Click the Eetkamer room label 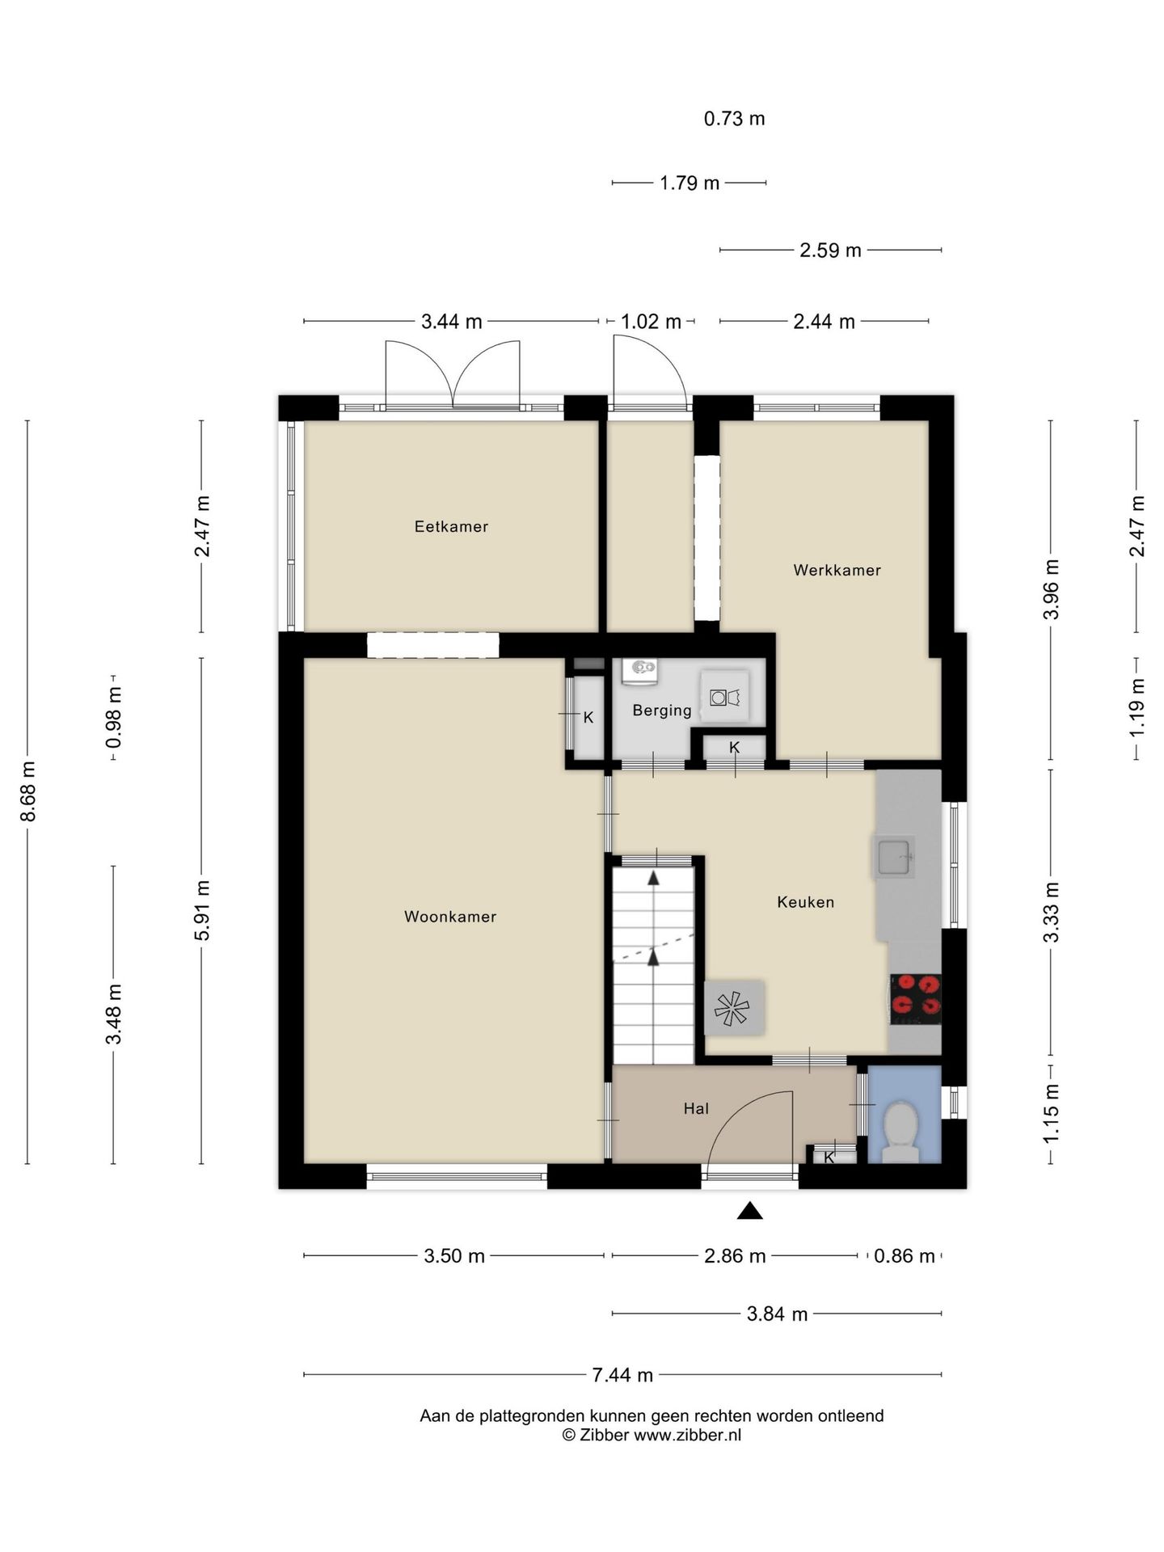coord(451,527)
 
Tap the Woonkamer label coord(450,917)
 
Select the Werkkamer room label coord(837,571)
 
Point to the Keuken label coord(805,902)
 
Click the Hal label coord(696,1109)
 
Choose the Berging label coord(662,711)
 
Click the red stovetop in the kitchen coord(916,999)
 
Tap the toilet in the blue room coord(900,1132)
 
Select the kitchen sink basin coord(894,857)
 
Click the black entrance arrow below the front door coord(750,1210)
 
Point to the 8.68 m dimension coord(28,792)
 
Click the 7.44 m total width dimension coord(622,1374)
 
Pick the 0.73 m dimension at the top coord(734,119)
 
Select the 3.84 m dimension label coord(777,1314)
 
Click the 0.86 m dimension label coord(905,1256)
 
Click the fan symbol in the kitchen coord(732,1008)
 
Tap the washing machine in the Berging coord(725,696)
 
